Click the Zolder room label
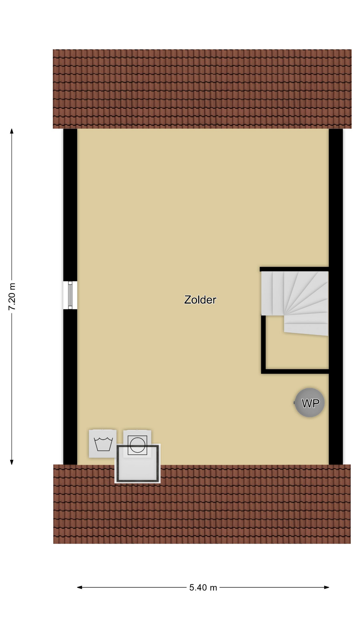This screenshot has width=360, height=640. coord(200,300)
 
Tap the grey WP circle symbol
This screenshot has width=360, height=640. coord(310,403)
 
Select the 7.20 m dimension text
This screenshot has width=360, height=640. coord(12,297)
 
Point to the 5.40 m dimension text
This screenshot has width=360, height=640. coord(203,587)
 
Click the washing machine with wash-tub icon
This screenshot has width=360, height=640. coord(103,444)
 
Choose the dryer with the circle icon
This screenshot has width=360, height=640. coord(137,443)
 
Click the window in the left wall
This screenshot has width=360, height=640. coord(70,295)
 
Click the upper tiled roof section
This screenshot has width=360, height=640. coord(202,89)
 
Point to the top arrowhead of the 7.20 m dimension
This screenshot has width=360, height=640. coord(12,131)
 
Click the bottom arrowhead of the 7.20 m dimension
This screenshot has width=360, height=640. coord(12,462)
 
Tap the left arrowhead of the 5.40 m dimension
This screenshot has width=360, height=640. coord(80,587)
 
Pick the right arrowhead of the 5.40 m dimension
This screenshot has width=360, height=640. coord(327,587)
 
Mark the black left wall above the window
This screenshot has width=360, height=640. coord(70,205)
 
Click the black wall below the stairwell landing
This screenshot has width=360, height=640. coord(295,371)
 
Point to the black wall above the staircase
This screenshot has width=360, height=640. coord(294,269)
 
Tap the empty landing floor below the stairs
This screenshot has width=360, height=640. coord(297,352)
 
